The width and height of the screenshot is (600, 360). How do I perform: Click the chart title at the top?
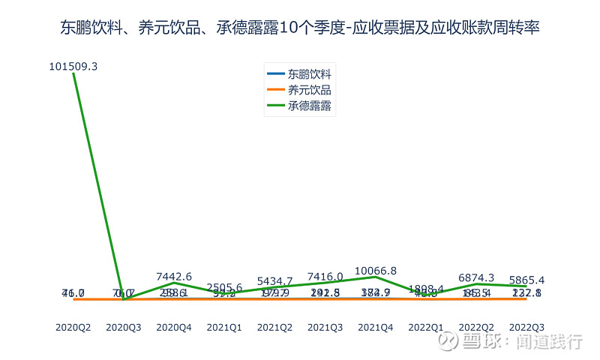[x=300, y=28]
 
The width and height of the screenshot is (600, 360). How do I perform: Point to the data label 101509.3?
[x=73, y=67]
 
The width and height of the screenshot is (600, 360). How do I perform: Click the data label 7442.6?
[x=174, y=277]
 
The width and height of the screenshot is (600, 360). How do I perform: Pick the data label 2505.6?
[x=224, y=288]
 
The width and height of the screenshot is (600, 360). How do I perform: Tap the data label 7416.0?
[x=325, y=277]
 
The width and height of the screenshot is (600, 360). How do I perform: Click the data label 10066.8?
[x=375, y=271]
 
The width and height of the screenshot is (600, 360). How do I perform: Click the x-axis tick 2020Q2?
[x=73, y=327]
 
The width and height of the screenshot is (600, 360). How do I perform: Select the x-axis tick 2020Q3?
[x=124, y=327]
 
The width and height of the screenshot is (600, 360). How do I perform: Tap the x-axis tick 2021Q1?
[x=224, y=327]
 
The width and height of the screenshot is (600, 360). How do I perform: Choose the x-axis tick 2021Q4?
[x=375, y=327]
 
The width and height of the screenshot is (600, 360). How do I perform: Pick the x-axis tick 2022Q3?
[x=526, y=327]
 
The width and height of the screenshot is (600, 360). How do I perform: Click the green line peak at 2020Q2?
[x=73, y=75]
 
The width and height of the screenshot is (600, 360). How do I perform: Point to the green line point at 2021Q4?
[x=375, y=277]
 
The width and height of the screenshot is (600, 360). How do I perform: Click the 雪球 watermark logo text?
[x=480, y=342]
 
